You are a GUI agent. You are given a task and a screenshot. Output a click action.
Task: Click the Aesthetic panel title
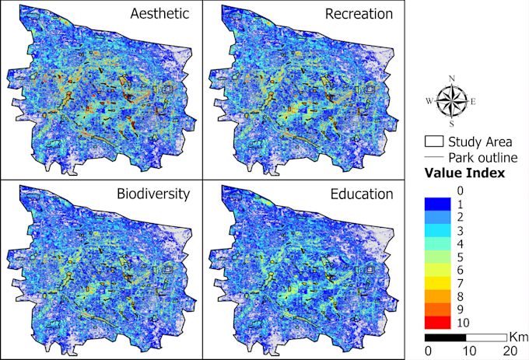click(159, 15)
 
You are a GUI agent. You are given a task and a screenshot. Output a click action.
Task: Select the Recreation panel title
click(363, 15)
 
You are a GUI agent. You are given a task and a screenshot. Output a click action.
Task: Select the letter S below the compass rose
click(450, 124)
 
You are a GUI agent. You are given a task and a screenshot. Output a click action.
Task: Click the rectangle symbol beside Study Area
click(435, 142)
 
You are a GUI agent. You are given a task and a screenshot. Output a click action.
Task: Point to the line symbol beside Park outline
click(435, 157)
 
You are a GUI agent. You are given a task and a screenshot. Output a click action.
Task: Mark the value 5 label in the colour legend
click(460, 257)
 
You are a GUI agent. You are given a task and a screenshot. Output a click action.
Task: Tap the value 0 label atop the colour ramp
click(460, 190)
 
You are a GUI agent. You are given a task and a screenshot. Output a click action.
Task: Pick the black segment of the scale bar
click(445, 338)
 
